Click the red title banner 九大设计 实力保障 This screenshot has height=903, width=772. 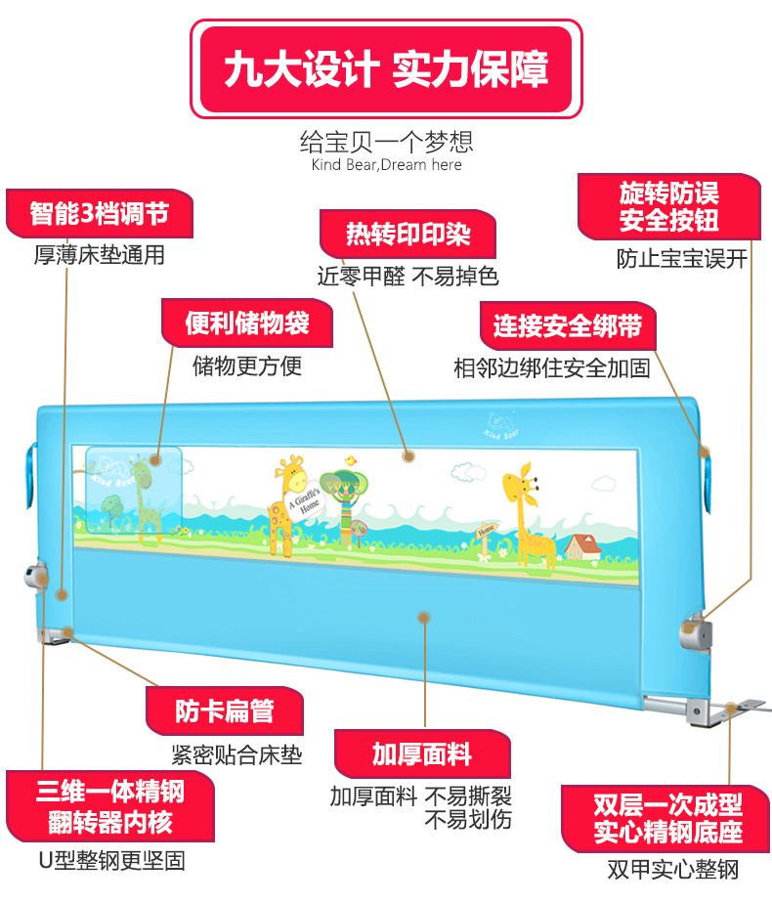pyautogui.click(x=386, y=70)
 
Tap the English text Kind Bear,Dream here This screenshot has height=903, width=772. pyautogui.click(x=386, y=165)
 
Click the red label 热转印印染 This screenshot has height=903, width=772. pyautogui.click(x=407, y=236)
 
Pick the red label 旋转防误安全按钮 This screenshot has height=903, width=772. pyautogui.click(x=668, y=206)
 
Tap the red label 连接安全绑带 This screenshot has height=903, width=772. pyautogui.click(x=567, y=326)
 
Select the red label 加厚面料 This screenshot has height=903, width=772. pyautogui.click(x=422, y=754)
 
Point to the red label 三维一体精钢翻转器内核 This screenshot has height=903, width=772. pyautogui.click(x=110, y=806)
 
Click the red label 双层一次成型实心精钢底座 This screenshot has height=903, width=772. pyautogui.click(x=667, y=819)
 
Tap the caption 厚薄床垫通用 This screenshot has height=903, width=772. pyautogui.click(x=99, y=256)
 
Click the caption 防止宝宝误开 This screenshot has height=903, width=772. pyautogui.click(x=681, y=259)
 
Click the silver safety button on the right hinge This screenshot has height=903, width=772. pyautogui.click(x=697, y=630)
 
